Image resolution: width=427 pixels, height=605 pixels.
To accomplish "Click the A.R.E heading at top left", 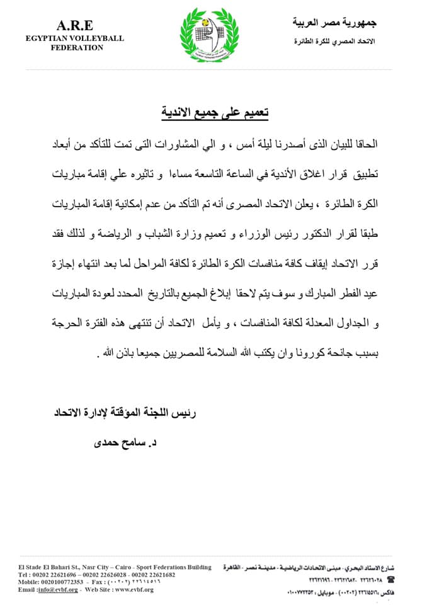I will point(75,25).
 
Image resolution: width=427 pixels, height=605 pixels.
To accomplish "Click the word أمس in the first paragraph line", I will point(222,144).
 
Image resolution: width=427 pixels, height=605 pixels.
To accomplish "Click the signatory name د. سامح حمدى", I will point(120,442).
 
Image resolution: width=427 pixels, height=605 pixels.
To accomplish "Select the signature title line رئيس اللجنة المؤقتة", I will point(125,413).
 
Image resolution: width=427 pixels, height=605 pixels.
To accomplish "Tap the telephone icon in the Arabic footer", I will point(391,578).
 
